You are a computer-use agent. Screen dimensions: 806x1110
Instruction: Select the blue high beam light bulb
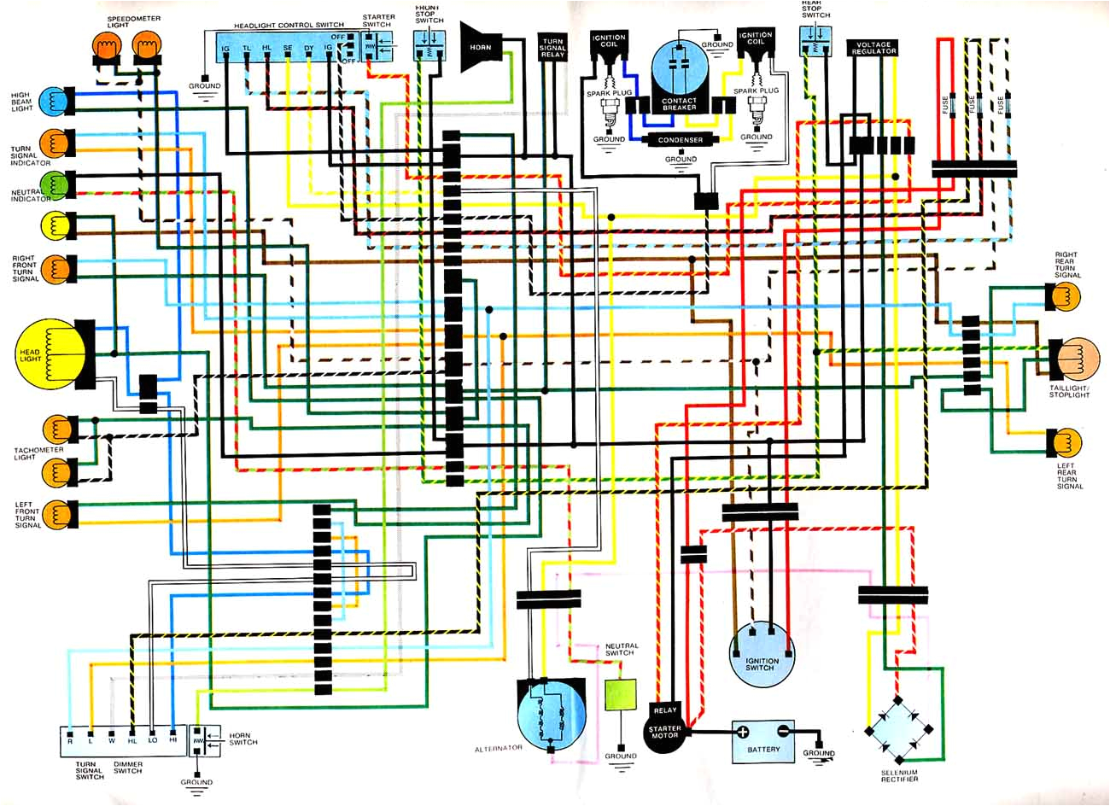click(53, 100)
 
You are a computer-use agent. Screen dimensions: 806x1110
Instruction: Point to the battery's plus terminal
click(743, 733)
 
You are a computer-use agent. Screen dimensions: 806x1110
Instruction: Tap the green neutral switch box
click(621, 696)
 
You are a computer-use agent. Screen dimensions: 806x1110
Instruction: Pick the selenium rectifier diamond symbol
click(900, 730)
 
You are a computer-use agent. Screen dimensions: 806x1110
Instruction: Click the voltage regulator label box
click(873, 47)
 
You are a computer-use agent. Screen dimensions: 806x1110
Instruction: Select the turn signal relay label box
click(552, 47)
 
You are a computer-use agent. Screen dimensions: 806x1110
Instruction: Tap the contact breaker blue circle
click(681, 77)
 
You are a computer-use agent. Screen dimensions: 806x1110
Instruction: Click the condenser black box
click(681, 140)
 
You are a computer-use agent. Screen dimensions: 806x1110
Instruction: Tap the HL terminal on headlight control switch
click(266, 50)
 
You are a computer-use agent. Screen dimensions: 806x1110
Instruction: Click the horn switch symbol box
click(197, 741)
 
